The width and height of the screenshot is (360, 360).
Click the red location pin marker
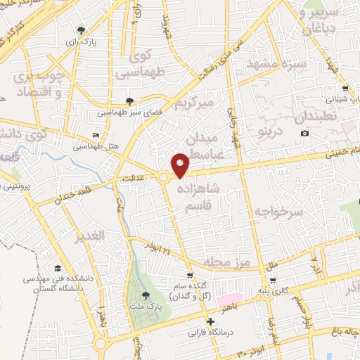(x=181, y=165)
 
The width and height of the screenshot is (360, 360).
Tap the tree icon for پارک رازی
(x=82, y=30)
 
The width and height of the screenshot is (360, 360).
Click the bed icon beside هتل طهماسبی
(x=96, y=136)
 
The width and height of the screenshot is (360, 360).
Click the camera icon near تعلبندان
(x=304, y=134)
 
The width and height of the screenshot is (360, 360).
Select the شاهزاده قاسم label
(x=207, y=196)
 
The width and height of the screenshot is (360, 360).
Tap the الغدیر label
(x=91, y=234)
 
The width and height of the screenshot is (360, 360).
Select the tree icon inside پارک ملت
(x=146, y=295)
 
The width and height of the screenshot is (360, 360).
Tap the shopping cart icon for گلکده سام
(x=190, y=276)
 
